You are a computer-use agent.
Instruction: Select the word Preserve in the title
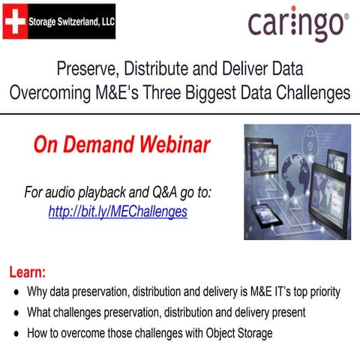[x=87, y=70]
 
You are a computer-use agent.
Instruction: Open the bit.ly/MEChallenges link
[x=118, y=211]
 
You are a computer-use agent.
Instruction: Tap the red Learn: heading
[x=28, y=271]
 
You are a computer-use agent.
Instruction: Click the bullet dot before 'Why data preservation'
[x=16, y=291]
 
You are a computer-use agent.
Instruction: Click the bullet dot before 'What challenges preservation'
[x=16, y=312]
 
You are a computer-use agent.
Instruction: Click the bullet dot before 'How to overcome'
[x=16, y=333]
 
